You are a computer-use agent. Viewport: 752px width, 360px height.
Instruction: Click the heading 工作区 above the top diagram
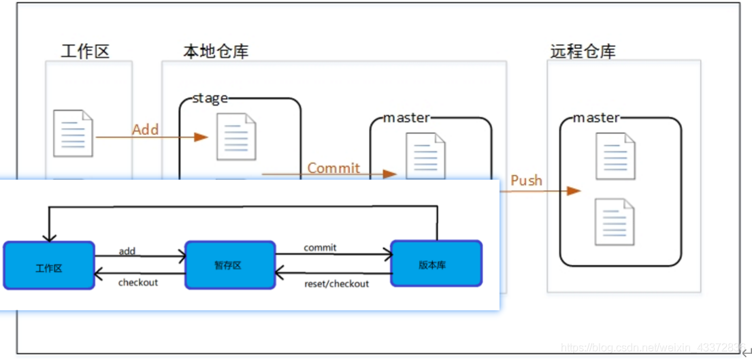(x=85, y=51)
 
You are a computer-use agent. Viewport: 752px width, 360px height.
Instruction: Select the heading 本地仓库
(x=216, y=51)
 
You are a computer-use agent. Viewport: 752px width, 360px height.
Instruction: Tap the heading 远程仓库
(x=583, y=51)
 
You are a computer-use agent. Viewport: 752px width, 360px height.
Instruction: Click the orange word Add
(x=145, y=129)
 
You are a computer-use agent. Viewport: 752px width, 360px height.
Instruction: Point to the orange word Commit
(x=333, y=167)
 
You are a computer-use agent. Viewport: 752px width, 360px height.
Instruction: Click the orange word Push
(x=526, y=180)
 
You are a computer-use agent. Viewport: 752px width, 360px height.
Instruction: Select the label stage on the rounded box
(x=210, y=98)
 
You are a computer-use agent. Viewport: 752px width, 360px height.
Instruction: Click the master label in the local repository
(x=406, y=118)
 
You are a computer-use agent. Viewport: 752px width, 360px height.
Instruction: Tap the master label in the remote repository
(x=596, y=118)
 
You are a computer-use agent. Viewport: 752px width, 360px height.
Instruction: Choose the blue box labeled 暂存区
(x=230, y=265)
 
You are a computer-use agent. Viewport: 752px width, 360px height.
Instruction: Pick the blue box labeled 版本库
(x=436, y=263)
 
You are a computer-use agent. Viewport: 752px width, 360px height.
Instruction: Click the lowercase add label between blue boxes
(x=127, y=251)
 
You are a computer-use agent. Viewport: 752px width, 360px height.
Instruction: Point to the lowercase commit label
(x=320, y=248)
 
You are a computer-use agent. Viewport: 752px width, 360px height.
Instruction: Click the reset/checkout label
(x=336, y=283)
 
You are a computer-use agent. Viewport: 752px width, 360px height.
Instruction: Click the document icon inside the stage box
(x=236, y=137)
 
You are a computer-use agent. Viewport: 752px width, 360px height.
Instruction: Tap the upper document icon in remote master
(x=615, y=156)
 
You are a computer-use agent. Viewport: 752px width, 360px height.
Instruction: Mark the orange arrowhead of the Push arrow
(x=574, y=191)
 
